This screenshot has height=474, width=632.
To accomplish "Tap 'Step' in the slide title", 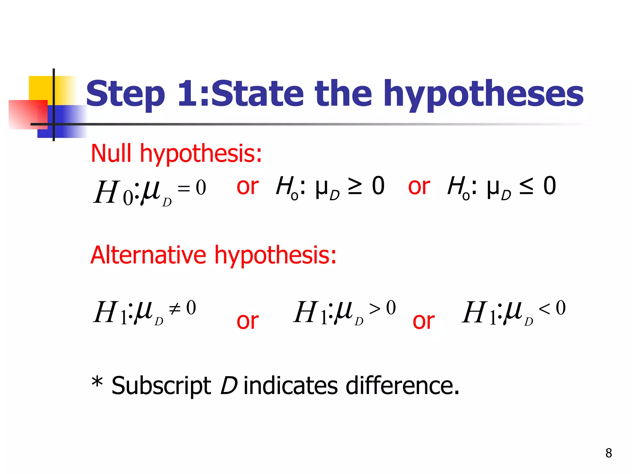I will point(125,94).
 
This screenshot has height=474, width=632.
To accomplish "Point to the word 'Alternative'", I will point(148,255).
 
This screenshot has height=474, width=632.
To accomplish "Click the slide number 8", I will point(609,453).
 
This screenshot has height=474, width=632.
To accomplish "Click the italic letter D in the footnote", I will point(229,385).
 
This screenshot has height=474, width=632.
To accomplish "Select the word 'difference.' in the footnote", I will point(402,385).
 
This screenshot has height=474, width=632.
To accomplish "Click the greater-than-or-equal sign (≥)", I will point(355,186).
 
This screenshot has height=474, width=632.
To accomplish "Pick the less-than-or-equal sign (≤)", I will point(526,186).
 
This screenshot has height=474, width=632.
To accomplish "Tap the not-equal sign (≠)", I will point(175,308).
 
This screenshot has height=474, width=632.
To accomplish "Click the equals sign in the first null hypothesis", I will point(184,188).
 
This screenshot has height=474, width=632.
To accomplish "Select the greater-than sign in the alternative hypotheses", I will point(375,308).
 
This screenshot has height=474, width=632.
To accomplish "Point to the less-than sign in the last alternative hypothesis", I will point(544,308).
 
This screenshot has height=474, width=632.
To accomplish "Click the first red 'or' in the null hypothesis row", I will point(247,186).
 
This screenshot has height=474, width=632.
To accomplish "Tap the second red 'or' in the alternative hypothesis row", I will point(424,321).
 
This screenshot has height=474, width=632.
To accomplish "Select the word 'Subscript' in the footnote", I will point(161,385).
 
